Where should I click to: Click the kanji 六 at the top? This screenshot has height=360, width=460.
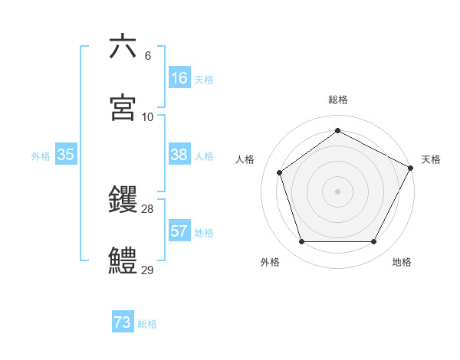pos(123,47)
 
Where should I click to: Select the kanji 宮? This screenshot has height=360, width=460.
pos(123,108)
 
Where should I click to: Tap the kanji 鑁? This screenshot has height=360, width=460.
pos(123,201)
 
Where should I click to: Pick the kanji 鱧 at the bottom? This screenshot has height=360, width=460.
pos(123,261)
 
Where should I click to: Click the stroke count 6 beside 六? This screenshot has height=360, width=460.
pos(148,56)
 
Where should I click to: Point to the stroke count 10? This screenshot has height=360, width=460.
pos(148,116)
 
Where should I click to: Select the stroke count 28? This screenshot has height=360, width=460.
pos(148,209)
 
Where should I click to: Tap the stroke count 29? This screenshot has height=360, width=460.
pos(148,270)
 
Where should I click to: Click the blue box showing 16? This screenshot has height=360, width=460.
pos(179,78)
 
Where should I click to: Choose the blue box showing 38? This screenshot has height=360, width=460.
pos(179,155)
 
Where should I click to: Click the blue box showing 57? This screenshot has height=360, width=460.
pos(179,231)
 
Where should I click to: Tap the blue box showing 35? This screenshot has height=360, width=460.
pos(66,155)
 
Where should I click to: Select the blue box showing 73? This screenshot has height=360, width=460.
pos(123,323)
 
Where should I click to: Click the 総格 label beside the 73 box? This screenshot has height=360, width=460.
pos(147,324)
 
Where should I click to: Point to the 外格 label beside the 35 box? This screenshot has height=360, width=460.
pos(41,155)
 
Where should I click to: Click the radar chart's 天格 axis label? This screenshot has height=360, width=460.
pos(431,159)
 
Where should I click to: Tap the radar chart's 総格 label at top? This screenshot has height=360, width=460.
pos(338,100)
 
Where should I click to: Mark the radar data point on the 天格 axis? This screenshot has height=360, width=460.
pos(411,167)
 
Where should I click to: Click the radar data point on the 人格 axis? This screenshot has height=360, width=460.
pos(280,172)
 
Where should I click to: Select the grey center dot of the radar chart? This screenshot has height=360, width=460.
pos(337,191)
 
